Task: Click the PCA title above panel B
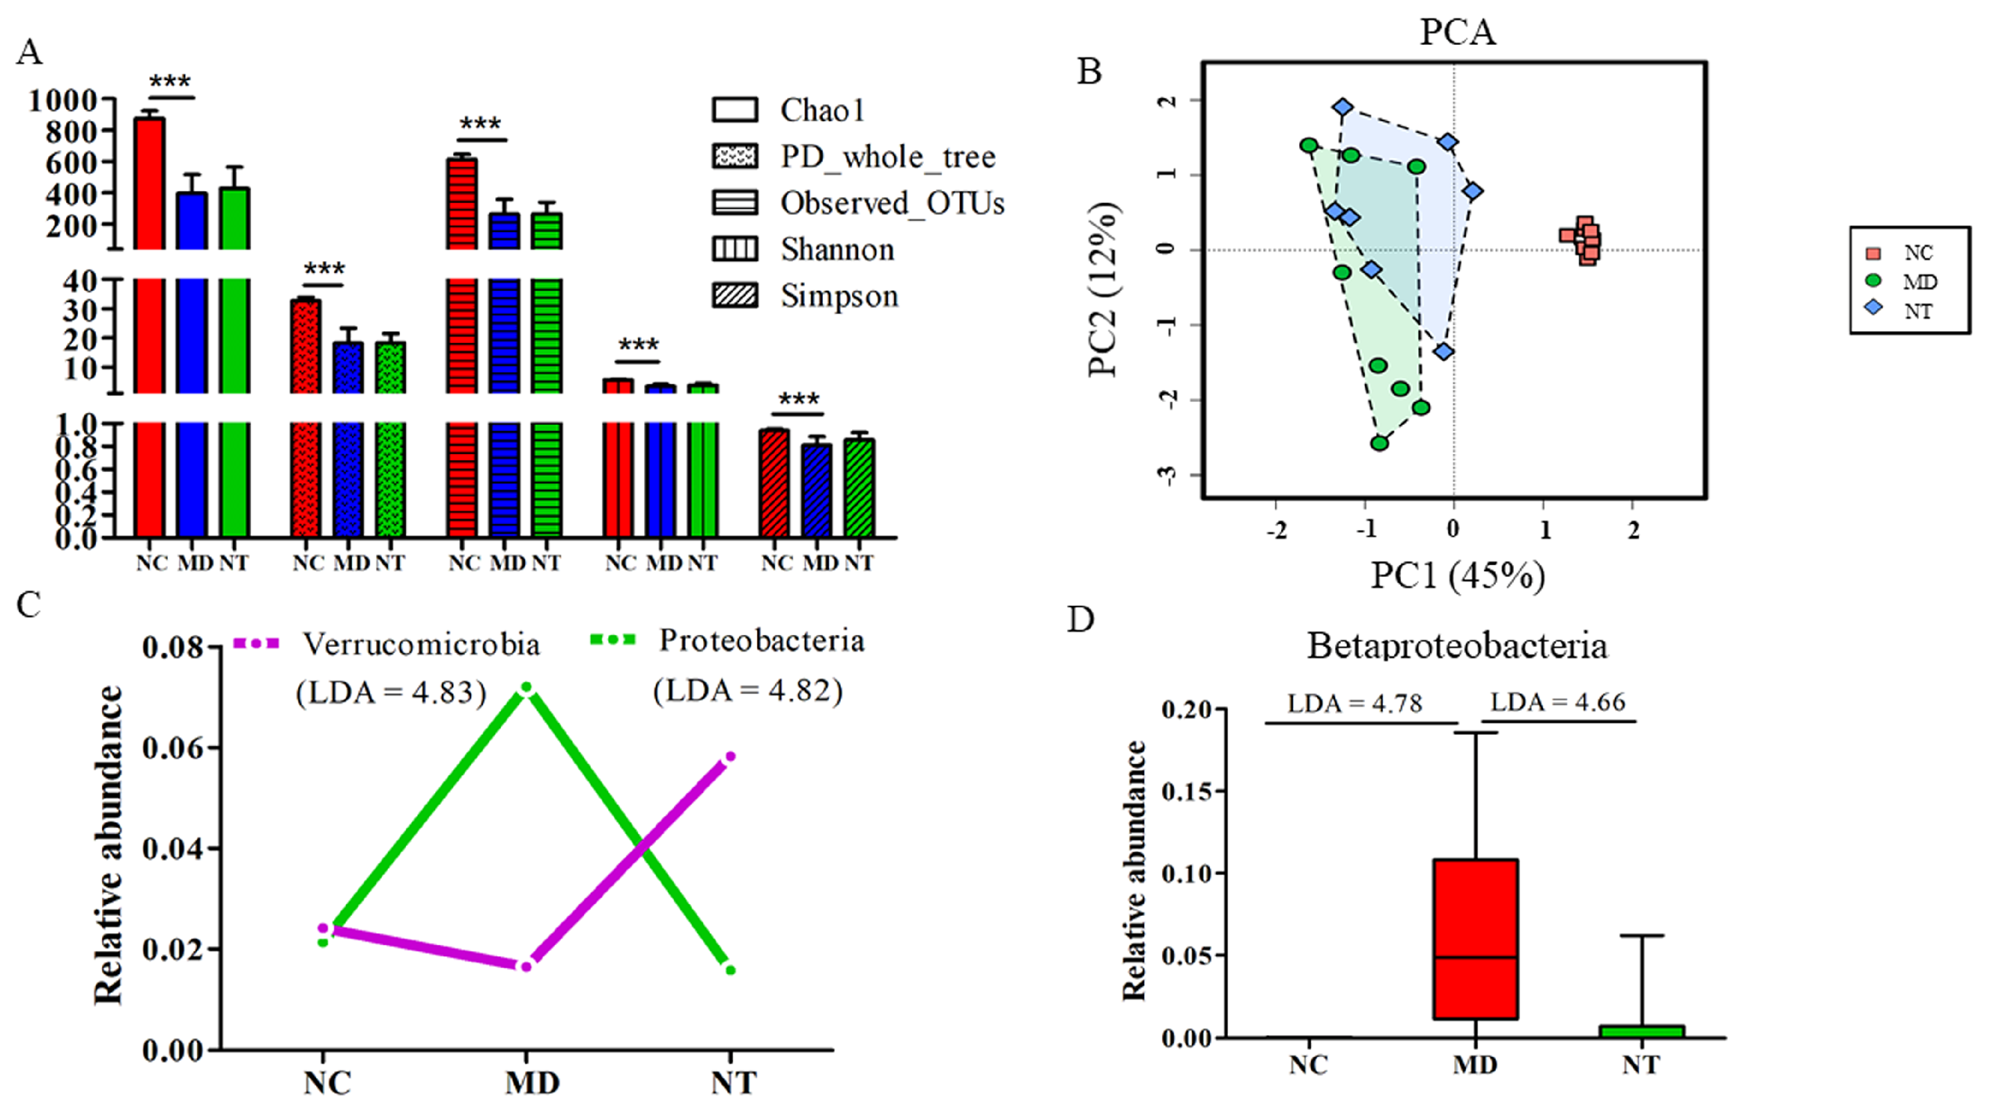(x=1457, y=32)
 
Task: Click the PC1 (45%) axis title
(x=1457, y=576)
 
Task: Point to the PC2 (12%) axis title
(x=1104, y=289)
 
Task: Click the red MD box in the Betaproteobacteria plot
(x=1475, y=939)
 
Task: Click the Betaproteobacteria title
(x=1457, y=646)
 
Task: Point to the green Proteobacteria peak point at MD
(x=526, y=688)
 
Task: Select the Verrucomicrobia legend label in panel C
(x=420, y=644)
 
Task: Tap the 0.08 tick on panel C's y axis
(x=172, y=648)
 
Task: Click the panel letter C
(x=29, y=605)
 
